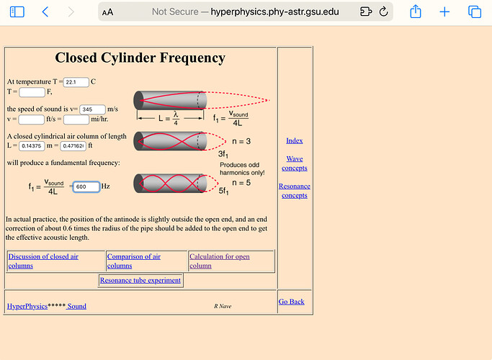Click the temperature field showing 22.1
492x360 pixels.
point(76,82)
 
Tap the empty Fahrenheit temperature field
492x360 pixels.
point(32,91)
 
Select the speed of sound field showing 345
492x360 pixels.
point(92,109)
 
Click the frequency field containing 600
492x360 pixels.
point(86,186)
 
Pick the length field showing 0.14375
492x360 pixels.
point(32,145)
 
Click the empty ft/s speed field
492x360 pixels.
point(31,119)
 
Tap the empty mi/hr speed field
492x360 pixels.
point(76,119)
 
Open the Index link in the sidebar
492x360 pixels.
point(294,140)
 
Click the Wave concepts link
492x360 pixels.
point(294,163)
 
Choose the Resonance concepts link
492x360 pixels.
point(294,191)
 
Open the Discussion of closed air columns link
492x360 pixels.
point(43,261)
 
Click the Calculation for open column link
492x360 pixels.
point(219,261)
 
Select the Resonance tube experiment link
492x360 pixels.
point(140,280)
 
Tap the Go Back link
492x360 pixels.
point(291,302)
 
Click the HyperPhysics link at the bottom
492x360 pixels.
point(27,306)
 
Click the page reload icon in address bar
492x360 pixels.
point(383,12)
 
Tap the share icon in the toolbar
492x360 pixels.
point(416,12)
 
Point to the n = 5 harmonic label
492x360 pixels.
point(241,183)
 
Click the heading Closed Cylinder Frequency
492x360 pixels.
point(140,58)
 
